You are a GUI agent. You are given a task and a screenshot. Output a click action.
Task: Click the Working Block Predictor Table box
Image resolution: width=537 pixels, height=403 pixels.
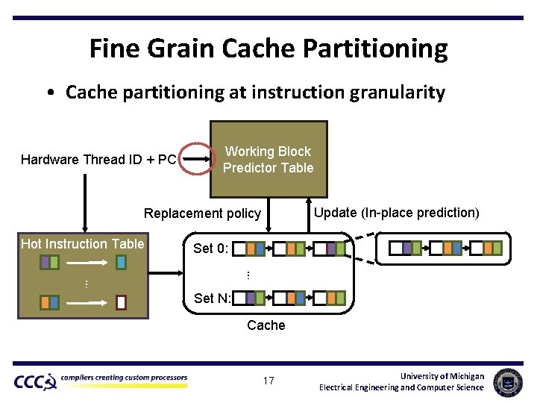tap(268, 159)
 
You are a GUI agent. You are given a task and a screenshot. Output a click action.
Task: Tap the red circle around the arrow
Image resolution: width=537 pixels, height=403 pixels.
tap(197, 158)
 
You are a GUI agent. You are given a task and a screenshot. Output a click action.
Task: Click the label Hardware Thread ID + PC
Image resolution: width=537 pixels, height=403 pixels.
tap(98, 160)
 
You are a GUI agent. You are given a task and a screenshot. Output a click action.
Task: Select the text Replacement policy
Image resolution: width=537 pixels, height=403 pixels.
tap(202, 213)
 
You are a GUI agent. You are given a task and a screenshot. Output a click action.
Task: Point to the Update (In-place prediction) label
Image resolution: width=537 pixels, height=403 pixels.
tap(396, 213)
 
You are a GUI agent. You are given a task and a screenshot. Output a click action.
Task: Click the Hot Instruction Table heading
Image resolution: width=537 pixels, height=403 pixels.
tap(83, 244)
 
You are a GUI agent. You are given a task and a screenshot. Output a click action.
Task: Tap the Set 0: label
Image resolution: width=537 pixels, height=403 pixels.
tap(211, 249)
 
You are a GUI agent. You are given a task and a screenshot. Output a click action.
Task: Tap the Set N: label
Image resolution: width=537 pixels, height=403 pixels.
tap(212, 299)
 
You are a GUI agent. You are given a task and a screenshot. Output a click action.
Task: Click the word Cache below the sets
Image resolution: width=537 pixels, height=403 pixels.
tap(266, 325)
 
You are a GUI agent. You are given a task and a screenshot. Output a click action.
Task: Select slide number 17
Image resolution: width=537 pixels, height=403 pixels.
tap(268, 381)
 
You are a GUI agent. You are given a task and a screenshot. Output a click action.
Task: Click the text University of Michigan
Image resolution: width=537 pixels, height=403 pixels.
tap(442, 376)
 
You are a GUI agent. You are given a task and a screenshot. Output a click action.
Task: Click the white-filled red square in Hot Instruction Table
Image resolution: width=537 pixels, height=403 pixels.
tap(121, 302)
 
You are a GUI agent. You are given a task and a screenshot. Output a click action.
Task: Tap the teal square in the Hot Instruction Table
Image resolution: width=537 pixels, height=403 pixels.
tap(121, 262)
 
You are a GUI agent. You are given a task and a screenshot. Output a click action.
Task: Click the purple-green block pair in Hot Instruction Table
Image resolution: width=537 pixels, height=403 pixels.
tap(49, 262)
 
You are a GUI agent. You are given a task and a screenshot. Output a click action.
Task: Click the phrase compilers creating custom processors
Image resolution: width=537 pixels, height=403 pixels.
tap(124, 378)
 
